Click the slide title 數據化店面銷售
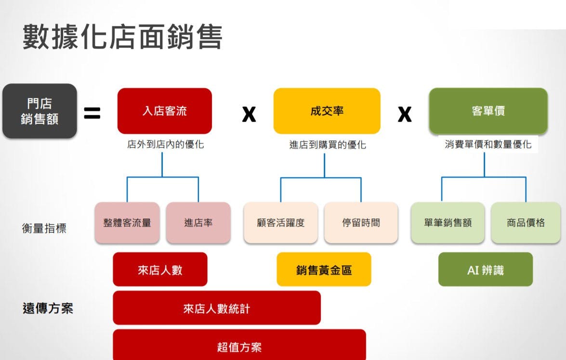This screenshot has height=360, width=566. tap(122, 37)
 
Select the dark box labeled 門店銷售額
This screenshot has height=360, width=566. tap(39, 111)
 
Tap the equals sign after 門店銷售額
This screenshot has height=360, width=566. tap(92, 113)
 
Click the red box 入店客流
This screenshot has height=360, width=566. tap(165, 111)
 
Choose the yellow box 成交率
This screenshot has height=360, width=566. tap(327, 111)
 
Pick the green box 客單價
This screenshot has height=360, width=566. tap(488, 111)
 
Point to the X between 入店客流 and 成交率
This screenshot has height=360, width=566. tap(249, 114)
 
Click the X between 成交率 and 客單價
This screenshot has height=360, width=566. tap(405, 114)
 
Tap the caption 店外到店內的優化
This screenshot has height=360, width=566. tap(165, 144)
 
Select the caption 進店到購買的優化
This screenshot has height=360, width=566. tap(328, 145)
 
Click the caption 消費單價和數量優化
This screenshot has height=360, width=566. tap(488, 144)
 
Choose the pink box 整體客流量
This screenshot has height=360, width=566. tap(127, 222)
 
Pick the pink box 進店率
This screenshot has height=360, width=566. tap(198, 222)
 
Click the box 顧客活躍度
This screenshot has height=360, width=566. tap(281, 222)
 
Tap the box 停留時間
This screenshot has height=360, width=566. tap(361, 222)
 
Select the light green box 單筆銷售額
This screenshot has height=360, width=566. tap(448, 222)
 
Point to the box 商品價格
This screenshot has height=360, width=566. tap(526, 222)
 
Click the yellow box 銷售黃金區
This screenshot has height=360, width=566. tap(324, 270)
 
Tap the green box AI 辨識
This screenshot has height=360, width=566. tap(486, 270)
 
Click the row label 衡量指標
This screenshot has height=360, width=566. tap(44, 228)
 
